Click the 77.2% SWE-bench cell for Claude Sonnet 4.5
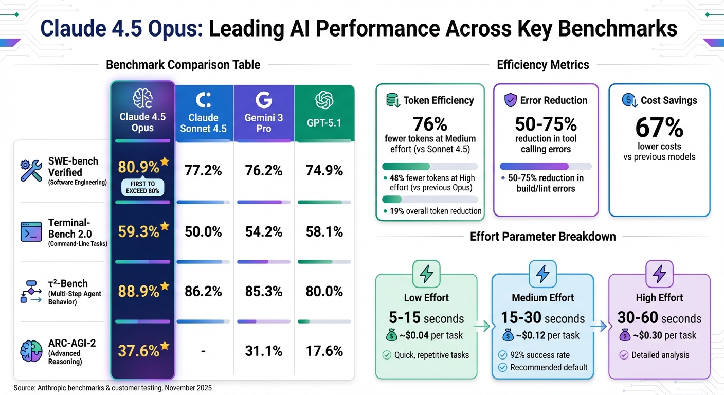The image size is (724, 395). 203,170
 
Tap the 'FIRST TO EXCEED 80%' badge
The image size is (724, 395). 142,187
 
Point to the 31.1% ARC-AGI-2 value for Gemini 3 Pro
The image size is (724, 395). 264,351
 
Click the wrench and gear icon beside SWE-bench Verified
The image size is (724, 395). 31,170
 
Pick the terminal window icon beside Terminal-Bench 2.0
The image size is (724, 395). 31,231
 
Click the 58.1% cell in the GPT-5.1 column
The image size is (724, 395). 324,231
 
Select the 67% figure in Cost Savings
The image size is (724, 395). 659,127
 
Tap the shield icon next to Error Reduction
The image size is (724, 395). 510,100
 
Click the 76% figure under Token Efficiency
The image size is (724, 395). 430,124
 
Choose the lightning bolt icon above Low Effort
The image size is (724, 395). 426,275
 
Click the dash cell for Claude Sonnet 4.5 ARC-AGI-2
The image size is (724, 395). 203,351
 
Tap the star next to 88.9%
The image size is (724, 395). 165,285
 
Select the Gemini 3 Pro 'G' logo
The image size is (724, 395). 264,99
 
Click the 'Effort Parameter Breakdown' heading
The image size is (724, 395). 542,237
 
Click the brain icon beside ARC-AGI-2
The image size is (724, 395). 31,351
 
